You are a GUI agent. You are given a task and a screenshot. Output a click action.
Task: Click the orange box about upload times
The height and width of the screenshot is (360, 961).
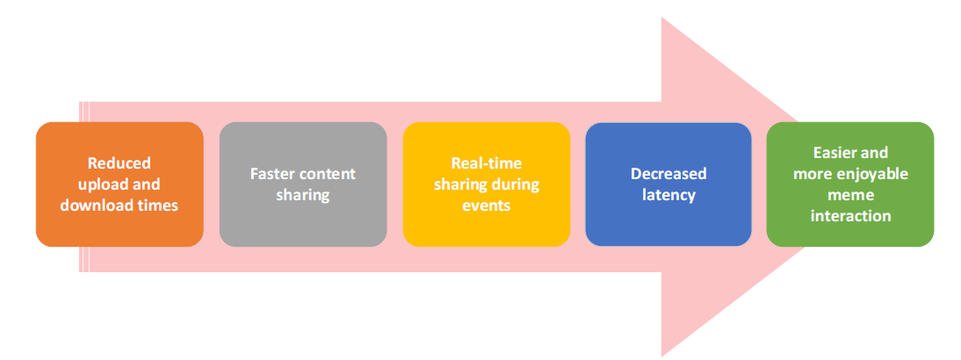119,184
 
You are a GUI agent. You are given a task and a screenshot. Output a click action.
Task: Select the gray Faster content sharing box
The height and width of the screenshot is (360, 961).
303,184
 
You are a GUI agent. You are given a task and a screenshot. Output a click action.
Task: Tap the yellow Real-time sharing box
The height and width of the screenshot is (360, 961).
486,184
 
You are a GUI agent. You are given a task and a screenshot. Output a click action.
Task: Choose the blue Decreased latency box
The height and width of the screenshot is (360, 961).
668,184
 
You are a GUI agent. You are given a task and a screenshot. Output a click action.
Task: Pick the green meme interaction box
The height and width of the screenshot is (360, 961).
850,184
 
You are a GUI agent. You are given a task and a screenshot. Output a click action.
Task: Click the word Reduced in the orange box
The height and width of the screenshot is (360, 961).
119,163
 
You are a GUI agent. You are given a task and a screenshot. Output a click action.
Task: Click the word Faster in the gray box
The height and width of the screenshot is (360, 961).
271,173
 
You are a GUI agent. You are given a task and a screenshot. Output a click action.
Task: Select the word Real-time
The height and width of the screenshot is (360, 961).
487,163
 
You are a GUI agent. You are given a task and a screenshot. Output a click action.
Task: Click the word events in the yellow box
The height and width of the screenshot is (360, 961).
487,205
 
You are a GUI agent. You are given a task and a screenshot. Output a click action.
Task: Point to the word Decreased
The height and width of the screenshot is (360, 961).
668,173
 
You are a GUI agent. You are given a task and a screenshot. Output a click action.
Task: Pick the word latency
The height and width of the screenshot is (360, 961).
668,195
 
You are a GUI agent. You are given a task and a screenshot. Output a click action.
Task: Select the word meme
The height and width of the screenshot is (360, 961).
850,194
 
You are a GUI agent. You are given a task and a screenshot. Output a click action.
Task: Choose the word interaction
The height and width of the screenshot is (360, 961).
850,215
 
